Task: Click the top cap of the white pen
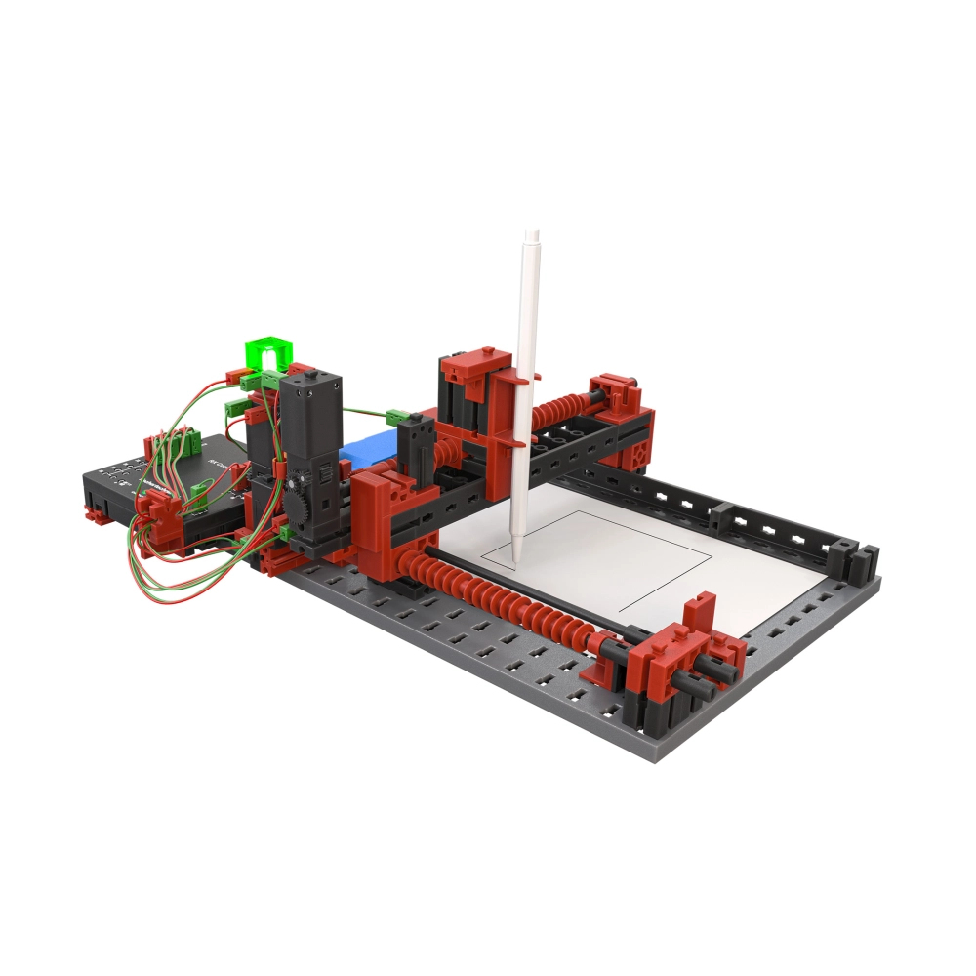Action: pyautogui.click(x=532, y=235)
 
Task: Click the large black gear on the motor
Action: pyautogui.click(x=300, y=508)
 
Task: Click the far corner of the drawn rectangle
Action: pyautogui.click(x=712, y=553)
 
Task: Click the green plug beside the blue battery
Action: pyautogui.click(x=398, y=417)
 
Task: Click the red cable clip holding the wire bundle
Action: pyautogui.click(x=156, y=508)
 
